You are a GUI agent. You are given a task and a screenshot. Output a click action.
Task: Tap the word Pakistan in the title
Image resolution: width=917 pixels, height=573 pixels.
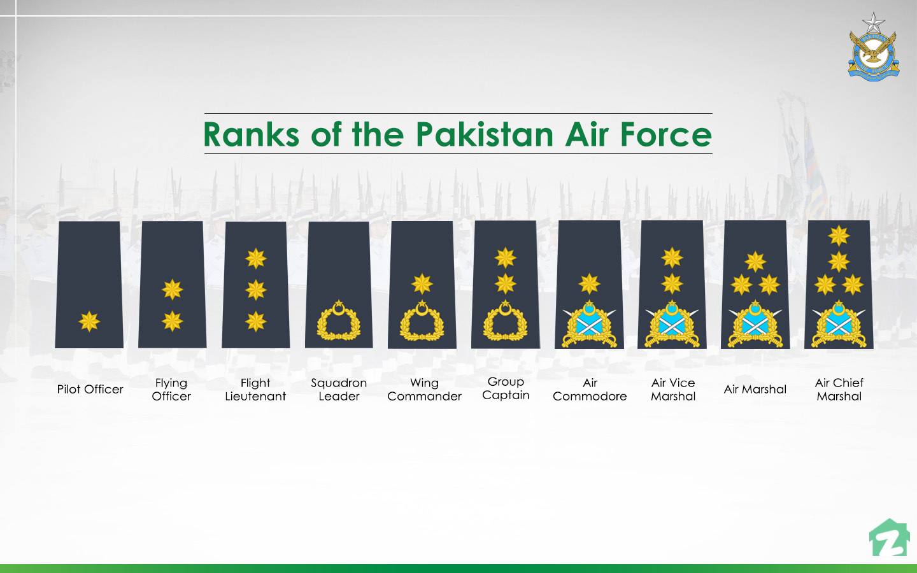point(485,135)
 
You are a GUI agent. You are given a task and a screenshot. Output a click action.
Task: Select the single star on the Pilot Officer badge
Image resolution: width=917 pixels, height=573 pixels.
point(89,322)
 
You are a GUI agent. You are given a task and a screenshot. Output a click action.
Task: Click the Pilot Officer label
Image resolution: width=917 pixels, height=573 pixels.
point(90,389)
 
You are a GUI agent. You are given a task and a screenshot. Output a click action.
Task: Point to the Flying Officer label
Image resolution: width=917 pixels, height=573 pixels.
point(171,389)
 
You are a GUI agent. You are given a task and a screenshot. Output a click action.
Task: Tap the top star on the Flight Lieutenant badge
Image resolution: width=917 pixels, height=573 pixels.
point(256,258)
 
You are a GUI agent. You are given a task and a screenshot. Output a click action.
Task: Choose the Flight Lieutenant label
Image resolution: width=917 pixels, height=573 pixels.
point(255,389)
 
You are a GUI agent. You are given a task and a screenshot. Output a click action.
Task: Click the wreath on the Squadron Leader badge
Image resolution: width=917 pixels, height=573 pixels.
point(339,321)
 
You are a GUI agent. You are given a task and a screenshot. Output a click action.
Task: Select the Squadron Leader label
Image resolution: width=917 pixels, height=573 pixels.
point(339,389)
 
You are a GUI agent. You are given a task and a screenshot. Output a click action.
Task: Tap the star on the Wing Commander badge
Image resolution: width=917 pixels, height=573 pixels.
point(422,284)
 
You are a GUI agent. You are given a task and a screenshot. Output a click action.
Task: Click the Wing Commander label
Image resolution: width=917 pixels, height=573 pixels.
point(424,389)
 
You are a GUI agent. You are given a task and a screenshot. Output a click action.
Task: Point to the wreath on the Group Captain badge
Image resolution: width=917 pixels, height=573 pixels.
point(506,321)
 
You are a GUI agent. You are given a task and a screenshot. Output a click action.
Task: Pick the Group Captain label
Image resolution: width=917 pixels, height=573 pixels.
point(506,388)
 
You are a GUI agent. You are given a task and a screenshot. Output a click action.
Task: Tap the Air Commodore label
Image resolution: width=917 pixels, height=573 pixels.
point(590,389)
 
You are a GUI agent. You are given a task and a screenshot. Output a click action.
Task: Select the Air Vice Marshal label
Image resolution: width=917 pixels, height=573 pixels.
point(673,389)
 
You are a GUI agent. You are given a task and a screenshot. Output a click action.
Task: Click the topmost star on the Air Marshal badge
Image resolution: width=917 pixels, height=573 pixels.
point(755,261)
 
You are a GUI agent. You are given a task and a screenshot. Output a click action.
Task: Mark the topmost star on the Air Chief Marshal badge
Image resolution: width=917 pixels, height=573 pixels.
point(839,236)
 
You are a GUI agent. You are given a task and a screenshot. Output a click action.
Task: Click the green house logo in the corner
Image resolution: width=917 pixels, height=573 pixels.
point(889,539)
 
